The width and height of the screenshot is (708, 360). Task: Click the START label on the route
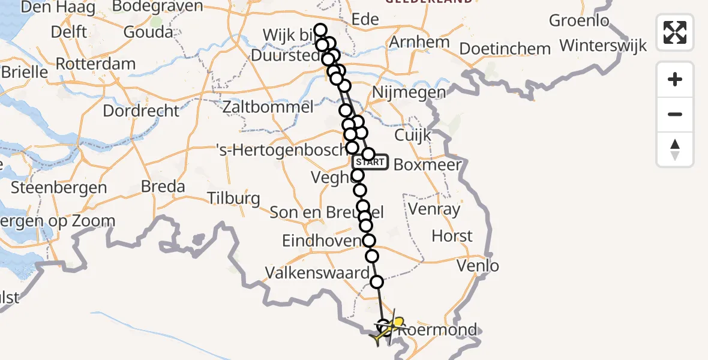[x=370, y=162]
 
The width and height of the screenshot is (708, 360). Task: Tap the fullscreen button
[x=675, y=32]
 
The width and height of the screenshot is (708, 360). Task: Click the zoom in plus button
[x=675, y=79]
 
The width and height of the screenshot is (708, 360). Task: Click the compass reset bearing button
[x=675, y=149]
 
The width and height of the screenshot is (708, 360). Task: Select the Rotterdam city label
[x=96, y=64]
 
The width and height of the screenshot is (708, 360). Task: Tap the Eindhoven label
[x=322, y=241]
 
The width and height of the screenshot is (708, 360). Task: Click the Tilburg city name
[x=233, y=198]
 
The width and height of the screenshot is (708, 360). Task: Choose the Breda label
[x=163, y=187]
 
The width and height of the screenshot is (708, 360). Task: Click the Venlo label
[x=478, y=265]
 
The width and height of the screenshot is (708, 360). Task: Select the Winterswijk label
[x=603, y=46]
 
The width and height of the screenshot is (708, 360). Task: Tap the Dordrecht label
[x=141, y=111]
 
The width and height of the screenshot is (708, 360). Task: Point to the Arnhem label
[x=419, y=43]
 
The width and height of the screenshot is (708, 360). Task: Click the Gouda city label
[x=148, y=32]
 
